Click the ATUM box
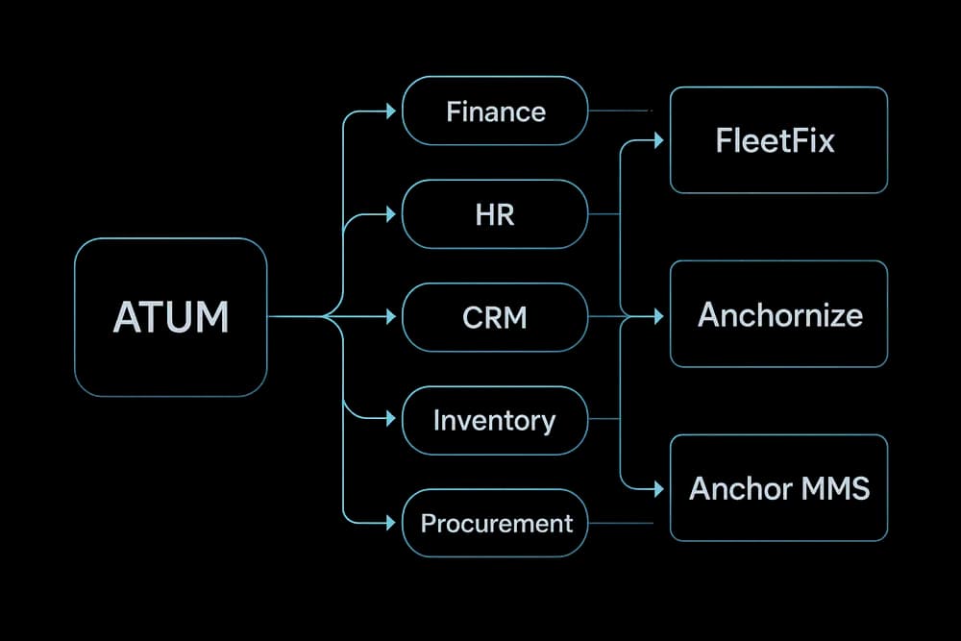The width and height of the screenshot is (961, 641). click(170, 317)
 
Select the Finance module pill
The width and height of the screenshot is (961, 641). click(494, 111)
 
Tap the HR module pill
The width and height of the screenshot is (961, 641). click(494, 214)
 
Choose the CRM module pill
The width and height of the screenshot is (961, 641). click(494, 317)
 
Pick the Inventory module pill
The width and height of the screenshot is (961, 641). click(494, 420)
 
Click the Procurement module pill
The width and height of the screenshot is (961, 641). click(494, 523)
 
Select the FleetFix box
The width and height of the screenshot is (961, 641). click(777, 140)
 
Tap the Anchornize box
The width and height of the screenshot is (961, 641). click(777, 314)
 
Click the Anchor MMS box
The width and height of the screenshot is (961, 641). click(777, 487)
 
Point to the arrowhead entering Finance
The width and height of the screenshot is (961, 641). click(390, 111)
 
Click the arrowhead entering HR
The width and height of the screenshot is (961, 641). click(390, 214)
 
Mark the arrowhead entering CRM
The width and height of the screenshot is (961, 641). click(390, 317)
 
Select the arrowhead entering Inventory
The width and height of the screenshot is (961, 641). click(390, 419)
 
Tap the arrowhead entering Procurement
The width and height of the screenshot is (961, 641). click(390, 523)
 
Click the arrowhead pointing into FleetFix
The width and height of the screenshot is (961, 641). click(658, 141)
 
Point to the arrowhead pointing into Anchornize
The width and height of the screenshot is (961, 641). click(658, 315)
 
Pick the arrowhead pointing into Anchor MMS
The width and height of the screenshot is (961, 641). click(658, 489)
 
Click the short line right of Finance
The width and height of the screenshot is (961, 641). click(620, 111)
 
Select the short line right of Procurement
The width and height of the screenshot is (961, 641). click(620, 523)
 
